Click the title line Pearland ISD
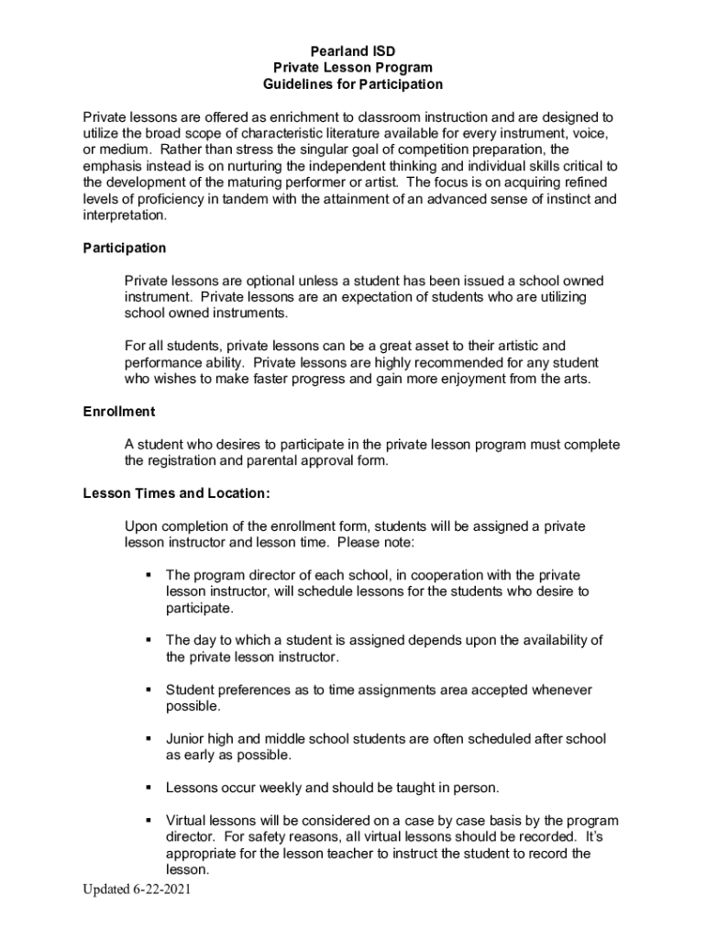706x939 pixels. click(x=353, y=50)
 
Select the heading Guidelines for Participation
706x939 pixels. click(x=353, y=84)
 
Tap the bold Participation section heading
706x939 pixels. click(x=125, y=248)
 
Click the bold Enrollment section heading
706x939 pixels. click(x=119, y=412)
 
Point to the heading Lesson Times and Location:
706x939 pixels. click(x=176, y=493)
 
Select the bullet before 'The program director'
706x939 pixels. click(x=147, y=575)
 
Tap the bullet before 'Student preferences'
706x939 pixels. click(x=147, y=690)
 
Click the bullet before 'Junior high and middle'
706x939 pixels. click(x=147, y=739)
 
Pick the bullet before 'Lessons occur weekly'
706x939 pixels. click(x=147, y=788)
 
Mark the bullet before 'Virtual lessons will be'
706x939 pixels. click(x=147, y=821)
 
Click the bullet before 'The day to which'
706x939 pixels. click(x=147, y=640)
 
